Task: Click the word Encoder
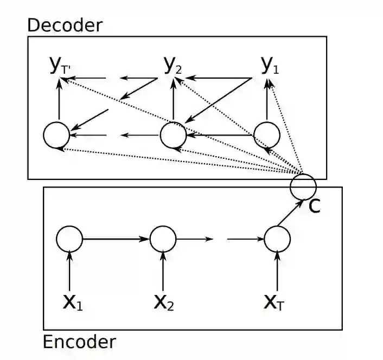click(79, 342)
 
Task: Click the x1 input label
click(73, 303)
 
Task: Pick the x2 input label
click(164, 303)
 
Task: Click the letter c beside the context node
click(314, 207)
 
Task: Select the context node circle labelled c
click(303, 186)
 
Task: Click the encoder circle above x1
click(69, 238)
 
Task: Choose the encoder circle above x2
click(163, 238)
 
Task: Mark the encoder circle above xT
click(277, 238)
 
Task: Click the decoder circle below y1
click(266, 134)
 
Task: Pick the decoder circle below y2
click(173, 134)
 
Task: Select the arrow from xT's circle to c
click(288, 214)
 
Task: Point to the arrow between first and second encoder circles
click(116, 238)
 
